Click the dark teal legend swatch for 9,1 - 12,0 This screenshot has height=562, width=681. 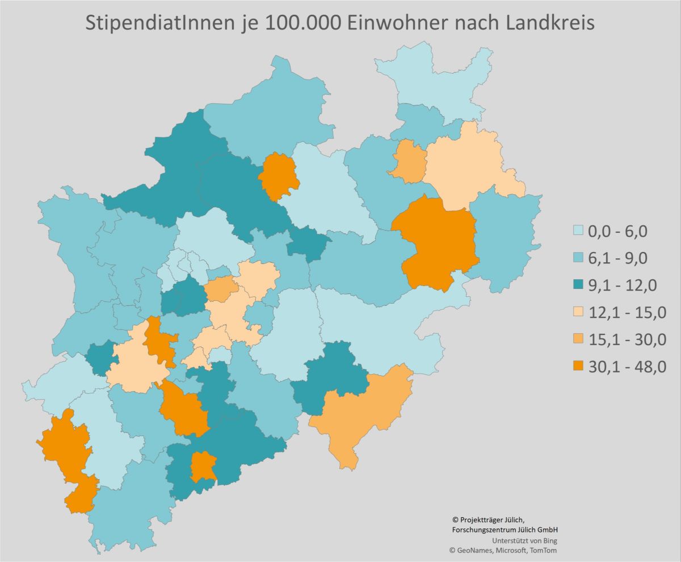pos(578,285)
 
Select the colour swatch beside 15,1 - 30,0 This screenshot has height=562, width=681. pos(578,339)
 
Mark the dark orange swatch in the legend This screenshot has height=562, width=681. pos(578,367)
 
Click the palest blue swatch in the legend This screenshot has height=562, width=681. pos(578,231)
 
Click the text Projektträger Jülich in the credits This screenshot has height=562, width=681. pos(491,519)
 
